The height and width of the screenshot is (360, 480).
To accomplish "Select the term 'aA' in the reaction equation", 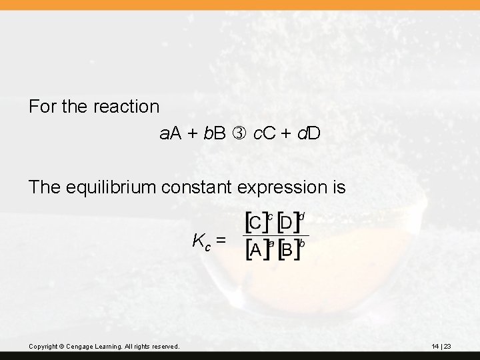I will tap(170, 134).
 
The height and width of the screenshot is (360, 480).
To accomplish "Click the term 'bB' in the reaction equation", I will tap(215, 134).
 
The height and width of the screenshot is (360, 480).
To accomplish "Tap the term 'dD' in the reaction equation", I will tap(310, 134).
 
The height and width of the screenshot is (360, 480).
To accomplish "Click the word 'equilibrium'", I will tap(119, 187).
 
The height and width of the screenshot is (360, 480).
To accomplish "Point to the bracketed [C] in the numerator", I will tap(255, 224).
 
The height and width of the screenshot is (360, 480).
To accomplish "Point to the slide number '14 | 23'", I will tap(441, 347).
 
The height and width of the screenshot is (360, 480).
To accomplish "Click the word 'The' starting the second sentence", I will tap(45, 187).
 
